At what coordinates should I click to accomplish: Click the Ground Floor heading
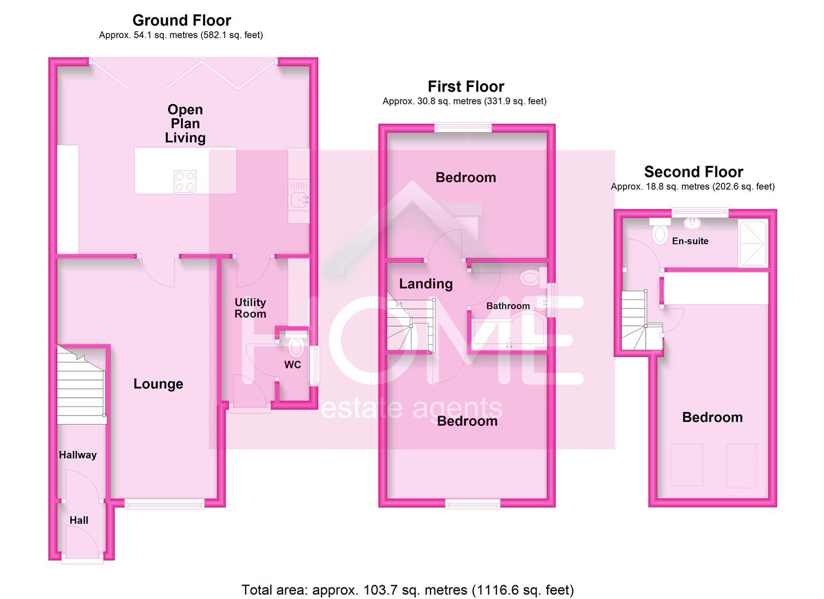coord(181,21)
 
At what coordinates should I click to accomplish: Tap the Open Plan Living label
coord(185,124)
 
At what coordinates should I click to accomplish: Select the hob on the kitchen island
coord(185,181)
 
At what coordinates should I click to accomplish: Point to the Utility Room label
coord(250,308)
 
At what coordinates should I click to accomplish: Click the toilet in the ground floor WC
coord(296,347)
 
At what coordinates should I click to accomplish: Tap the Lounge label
coord(158,384)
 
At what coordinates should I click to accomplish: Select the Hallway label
coord(78,455)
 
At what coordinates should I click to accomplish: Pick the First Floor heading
coord(466,87)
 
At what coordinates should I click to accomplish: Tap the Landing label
coord(426,283)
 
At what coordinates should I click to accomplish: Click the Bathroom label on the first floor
coord(508,306)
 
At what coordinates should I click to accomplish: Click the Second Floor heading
coord(693,172)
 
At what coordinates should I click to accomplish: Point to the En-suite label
coord(690,241)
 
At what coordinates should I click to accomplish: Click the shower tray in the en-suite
coord(752,243)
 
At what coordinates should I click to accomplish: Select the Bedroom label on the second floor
coord(712,417)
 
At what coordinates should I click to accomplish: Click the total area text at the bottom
coord(407,590)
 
